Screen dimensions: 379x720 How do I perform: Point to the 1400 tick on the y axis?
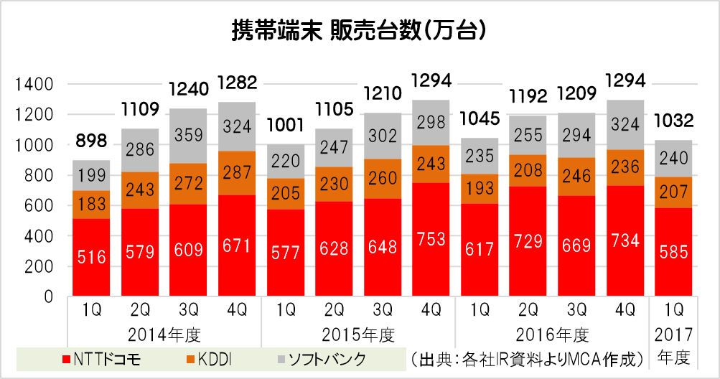tap(36, 85)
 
